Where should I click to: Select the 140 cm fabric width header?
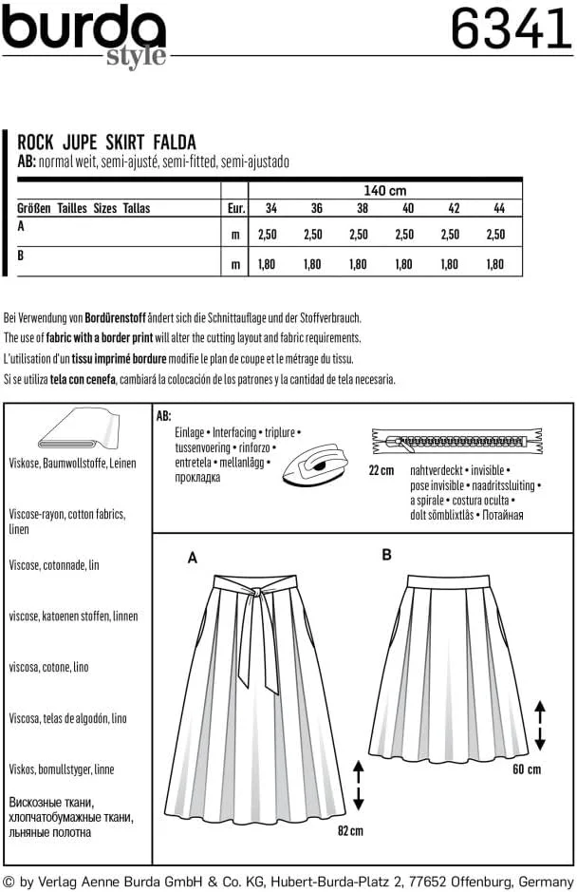(384, 191)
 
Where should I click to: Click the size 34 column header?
(270, 209)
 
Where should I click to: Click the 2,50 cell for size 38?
(359, 234)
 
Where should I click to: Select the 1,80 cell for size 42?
(451, 265)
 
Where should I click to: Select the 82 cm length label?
(350, 830)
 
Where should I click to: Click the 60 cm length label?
(527, 769)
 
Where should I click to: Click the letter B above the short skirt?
(386, 555)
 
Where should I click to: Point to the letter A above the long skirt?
(193, 559)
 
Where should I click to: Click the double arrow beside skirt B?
(540, 725)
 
